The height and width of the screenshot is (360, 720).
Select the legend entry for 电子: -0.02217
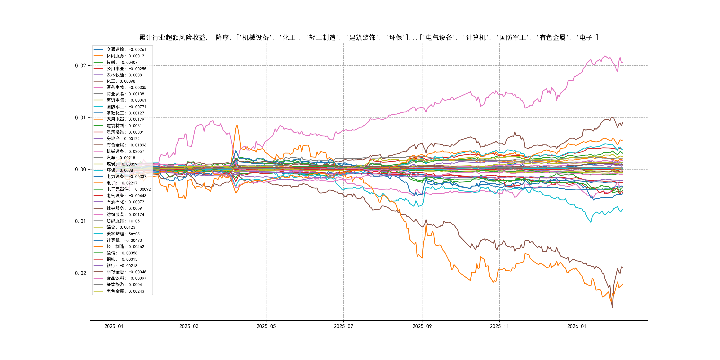pyautogui.click(x=122, y=183)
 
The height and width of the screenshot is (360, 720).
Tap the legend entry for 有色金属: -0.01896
pyautogui.click(x=126, y=145)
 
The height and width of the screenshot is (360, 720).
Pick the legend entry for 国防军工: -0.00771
pyautogui.click(x=126, y=107)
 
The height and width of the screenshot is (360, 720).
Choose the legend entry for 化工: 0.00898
pyautogui.click(x=120, y=81)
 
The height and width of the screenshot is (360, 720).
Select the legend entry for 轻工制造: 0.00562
pyautogui.click(x=125, y=246)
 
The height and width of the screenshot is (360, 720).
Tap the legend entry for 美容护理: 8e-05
pyautogui.click(x=123, y=234)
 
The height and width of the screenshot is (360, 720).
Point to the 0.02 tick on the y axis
pyautogui.click(x=80, y=66)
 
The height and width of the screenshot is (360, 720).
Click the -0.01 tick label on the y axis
pyautogui.click(x=79, y=221)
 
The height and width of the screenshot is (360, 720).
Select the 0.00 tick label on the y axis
pyautogui.click(x=80, y=169)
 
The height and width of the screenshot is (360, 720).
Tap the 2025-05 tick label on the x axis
pyautogui.click(x=266, y=326)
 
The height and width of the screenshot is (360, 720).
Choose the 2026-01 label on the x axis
pyautogui.click(x=577, y=326)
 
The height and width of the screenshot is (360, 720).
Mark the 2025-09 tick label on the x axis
pyautogui.click(x=422, y=326)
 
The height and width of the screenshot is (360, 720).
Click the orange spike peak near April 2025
pyautogui.click(x=237, y=125)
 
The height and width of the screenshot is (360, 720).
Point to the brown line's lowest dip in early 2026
pyautogui.click(x=612, y=308)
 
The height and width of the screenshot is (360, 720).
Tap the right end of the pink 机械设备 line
pyautogui.click(x=622, y=62)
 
